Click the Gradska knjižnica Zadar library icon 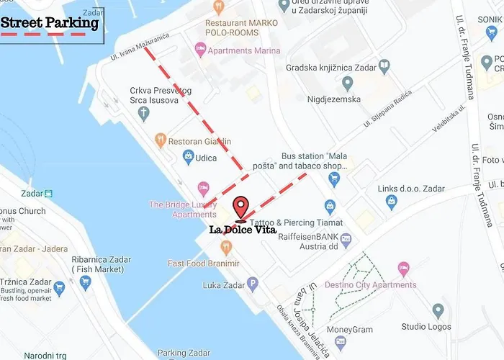[384, 66]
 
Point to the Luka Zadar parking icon [252, 283]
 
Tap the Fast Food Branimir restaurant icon [227, 248]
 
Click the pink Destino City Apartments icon [403, 269]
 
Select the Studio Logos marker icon [438, 311]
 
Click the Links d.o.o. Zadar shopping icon [392, 202]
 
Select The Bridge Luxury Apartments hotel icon [204, 189]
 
